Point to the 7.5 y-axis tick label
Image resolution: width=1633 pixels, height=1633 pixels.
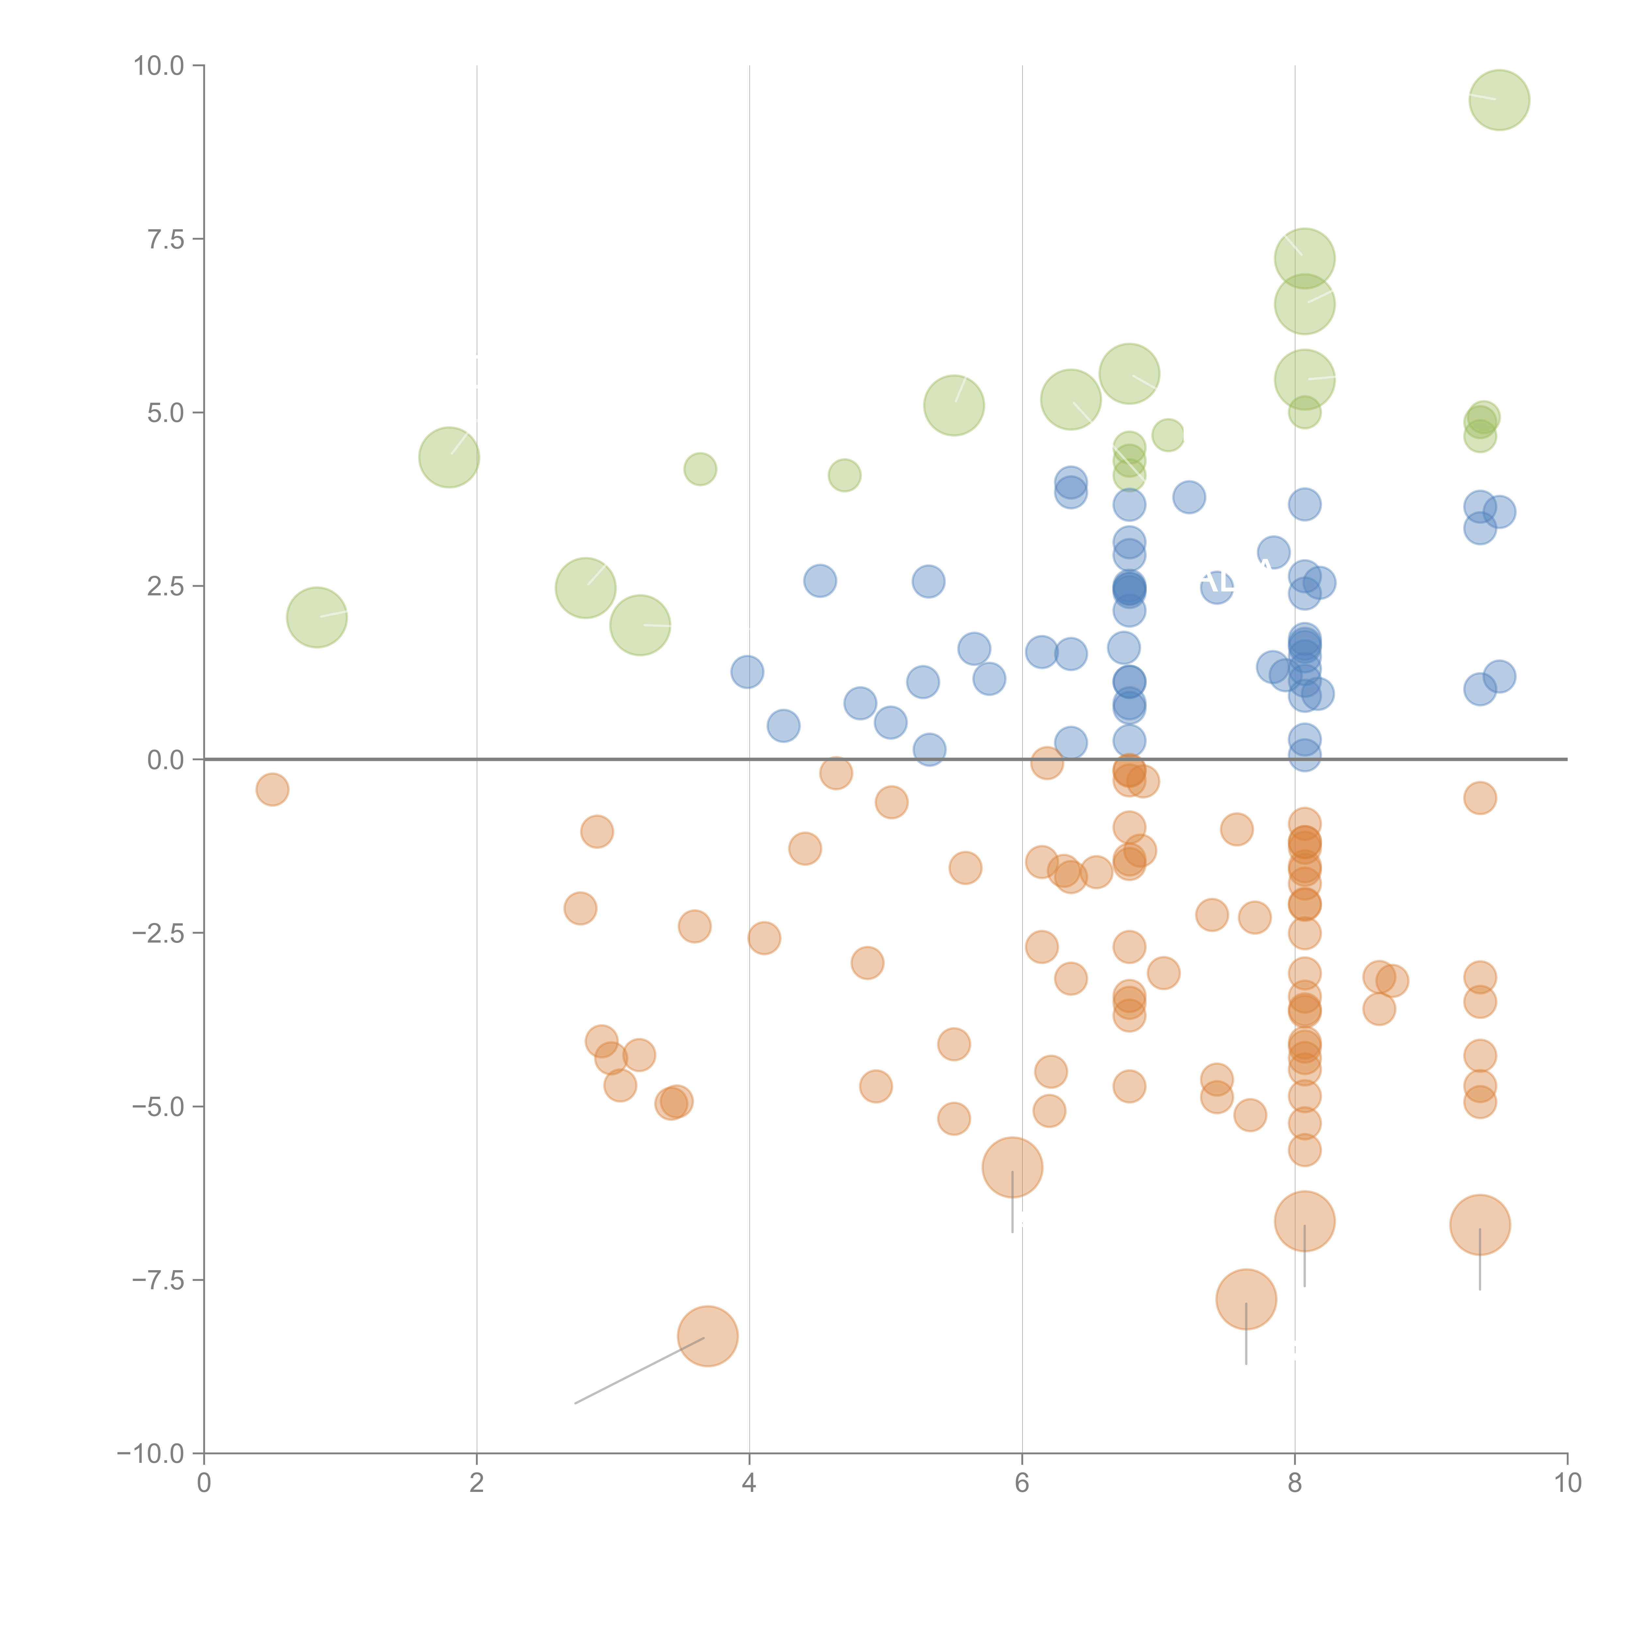click(166, 239)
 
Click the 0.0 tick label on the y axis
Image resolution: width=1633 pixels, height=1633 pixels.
click(166, 760)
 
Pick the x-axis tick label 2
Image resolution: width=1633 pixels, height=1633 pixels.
click(477, 1483)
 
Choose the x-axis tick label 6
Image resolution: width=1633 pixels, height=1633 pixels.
click(1022, 1483)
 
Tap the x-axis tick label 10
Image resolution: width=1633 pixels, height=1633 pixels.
click(1567, 1483)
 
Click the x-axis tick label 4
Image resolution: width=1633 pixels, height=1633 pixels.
click(749, 1483)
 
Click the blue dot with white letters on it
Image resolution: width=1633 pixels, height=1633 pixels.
click(1216, 585)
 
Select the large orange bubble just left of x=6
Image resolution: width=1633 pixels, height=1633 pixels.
click(1012, 1167)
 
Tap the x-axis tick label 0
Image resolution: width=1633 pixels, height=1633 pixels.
click(204, 1483)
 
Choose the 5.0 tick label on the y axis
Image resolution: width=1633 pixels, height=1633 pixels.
click(166, 413)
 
